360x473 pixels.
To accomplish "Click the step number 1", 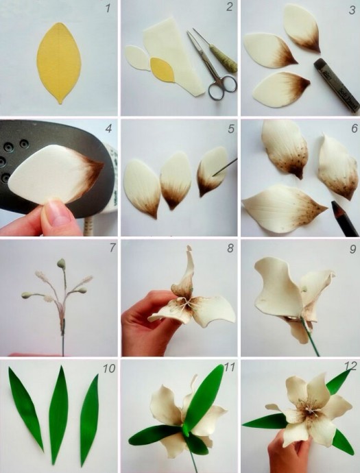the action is point(108,8).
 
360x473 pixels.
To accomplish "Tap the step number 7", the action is point(112,247).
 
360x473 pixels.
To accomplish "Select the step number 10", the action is point(109,368).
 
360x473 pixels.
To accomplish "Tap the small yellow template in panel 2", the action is point(163,70).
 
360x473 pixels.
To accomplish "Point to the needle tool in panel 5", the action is point(225,167).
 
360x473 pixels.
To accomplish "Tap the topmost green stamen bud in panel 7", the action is point(61,263).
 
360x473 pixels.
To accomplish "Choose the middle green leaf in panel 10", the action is point(58,414).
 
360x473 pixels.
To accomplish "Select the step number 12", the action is point(350,366).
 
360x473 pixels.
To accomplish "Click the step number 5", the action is point(231,129).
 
